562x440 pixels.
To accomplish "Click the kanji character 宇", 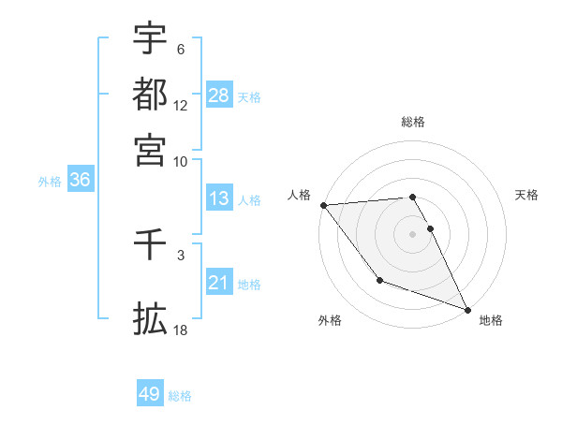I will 150,39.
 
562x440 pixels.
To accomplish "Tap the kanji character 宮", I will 150,149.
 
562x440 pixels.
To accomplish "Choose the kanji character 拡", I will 150,318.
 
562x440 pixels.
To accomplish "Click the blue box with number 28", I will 219,96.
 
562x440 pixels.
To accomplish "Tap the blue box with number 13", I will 219,199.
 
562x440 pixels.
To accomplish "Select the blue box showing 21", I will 219,284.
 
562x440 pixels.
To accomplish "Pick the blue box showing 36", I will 80,181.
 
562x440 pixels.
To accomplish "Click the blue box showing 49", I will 150,394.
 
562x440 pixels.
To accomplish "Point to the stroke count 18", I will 181,330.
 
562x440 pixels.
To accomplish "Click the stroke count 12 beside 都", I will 181,106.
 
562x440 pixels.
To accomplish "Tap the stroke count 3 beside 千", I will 181,253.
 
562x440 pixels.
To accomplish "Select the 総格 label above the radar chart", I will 413,122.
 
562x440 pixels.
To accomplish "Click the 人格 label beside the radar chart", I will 299,195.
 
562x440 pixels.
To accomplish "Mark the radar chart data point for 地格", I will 466,309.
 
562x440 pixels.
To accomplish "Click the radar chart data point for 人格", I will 323,204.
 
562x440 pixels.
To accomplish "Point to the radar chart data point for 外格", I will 379,280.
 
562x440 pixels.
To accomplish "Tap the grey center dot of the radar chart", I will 413,233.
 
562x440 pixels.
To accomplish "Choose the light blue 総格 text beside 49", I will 180,395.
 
